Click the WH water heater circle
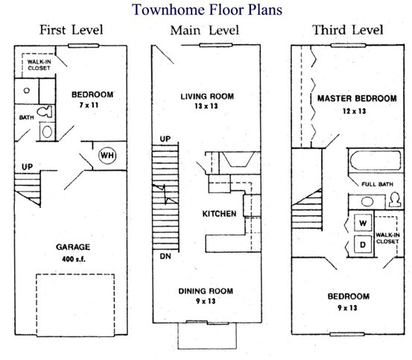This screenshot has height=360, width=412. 107,155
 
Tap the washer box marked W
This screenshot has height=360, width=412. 363,223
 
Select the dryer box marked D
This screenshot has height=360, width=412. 363,244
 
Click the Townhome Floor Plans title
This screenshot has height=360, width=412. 207,10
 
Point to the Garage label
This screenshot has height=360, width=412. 73,247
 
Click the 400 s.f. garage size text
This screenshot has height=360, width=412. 74,259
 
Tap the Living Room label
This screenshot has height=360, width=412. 207,96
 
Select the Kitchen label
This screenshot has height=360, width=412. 219,214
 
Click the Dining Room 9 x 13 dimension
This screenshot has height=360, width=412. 206,301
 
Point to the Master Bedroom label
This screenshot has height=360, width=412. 357,98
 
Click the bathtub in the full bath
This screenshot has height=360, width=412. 375,160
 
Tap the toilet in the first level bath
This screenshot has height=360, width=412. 45,112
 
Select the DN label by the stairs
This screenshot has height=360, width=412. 165,256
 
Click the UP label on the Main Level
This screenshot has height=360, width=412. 165,139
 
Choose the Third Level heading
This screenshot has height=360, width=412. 348,30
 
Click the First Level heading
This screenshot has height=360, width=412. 72,30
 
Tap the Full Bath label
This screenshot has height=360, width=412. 377,184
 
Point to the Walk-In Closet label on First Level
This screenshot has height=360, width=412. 39,65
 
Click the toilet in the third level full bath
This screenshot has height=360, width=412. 395,200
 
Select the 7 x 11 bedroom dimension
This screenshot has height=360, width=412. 89,105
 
